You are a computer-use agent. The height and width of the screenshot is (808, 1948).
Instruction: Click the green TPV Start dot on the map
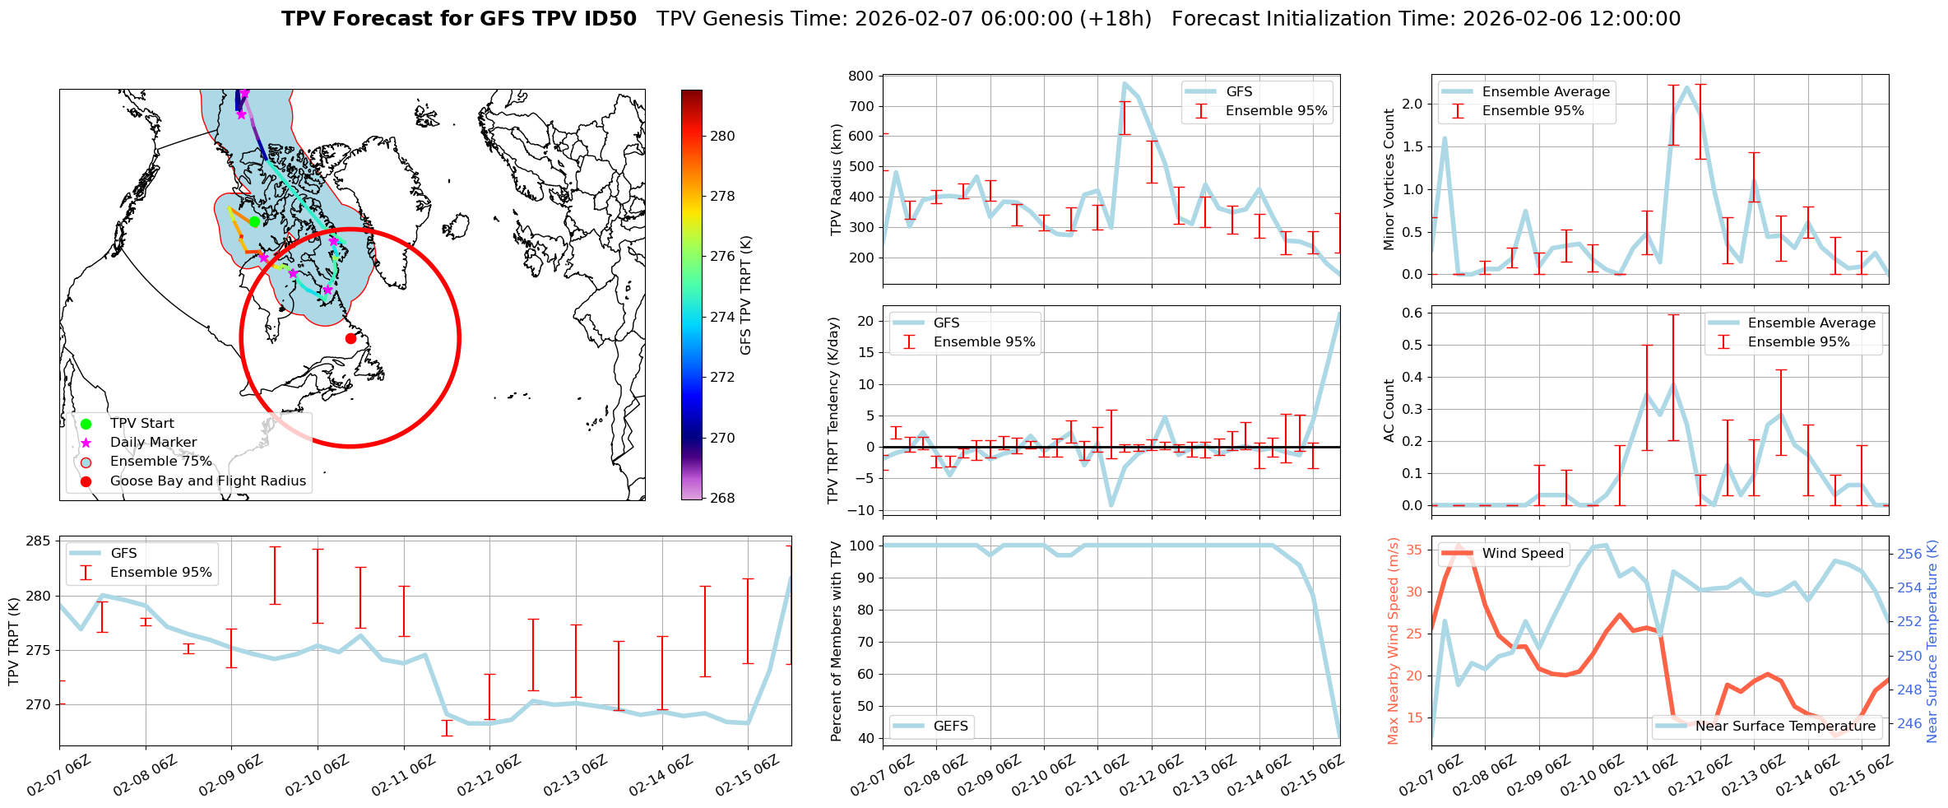tap(255, 221)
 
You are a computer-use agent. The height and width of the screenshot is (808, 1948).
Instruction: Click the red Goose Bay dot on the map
tap(350, 338)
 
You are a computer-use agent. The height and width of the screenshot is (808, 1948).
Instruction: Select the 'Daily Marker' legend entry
tap(153, 443)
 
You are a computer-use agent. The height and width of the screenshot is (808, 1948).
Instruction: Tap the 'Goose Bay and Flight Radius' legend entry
tap(207, 481)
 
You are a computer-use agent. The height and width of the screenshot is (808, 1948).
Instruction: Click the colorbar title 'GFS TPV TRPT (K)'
tap(746, 295)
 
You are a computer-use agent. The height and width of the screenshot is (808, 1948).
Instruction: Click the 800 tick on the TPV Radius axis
tap(860, 77)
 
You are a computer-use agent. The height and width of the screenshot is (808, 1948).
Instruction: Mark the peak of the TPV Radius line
tap(1125, 83)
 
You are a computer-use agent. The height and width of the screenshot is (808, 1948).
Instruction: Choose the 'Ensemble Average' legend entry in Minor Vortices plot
tap(1546, 92)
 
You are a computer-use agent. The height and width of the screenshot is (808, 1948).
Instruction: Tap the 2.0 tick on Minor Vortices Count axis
tap(1412, 104)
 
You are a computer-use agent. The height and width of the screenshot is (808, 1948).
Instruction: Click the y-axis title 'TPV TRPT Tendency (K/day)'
tap(834, 410)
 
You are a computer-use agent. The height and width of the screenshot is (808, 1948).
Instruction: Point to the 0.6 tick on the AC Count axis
tap(1412, 313)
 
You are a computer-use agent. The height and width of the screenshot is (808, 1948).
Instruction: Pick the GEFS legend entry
tap(951, 727)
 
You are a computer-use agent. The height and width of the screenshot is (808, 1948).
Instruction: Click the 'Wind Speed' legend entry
tap(1522, 554)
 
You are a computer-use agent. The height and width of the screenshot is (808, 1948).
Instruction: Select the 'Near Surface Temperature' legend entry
tap(1785, 727)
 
